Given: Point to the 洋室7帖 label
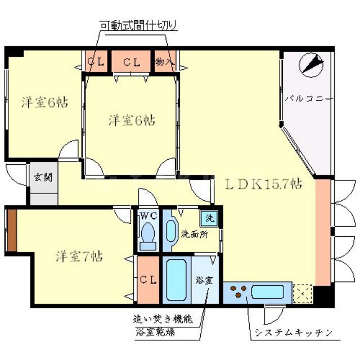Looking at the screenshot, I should (x=78, y=257).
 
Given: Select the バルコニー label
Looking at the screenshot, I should (x=308, y=98).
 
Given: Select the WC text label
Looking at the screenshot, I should (x=148, y=215).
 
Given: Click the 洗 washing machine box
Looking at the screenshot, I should (x=209, y=217).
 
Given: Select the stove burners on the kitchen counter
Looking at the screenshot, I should (x=237, y=291).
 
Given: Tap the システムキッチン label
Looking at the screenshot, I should (x=292, y=331).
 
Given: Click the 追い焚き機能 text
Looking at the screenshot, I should (x=163, y=318).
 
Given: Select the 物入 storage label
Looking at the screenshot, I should (x=164, y=61).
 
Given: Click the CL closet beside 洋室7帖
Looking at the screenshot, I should (x=148, y=280).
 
